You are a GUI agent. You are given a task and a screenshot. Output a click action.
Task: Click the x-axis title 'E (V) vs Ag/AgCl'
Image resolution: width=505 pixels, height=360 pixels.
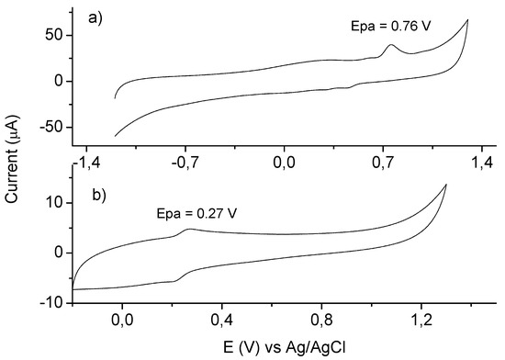[x=289, y=348]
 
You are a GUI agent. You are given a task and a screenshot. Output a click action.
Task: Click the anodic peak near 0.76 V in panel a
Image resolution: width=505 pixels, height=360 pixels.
[x=392, y=45]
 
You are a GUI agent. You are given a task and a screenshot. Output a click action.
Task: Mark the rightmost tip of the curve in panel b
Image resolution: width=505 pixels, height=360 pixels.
[x=446, y=185]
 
